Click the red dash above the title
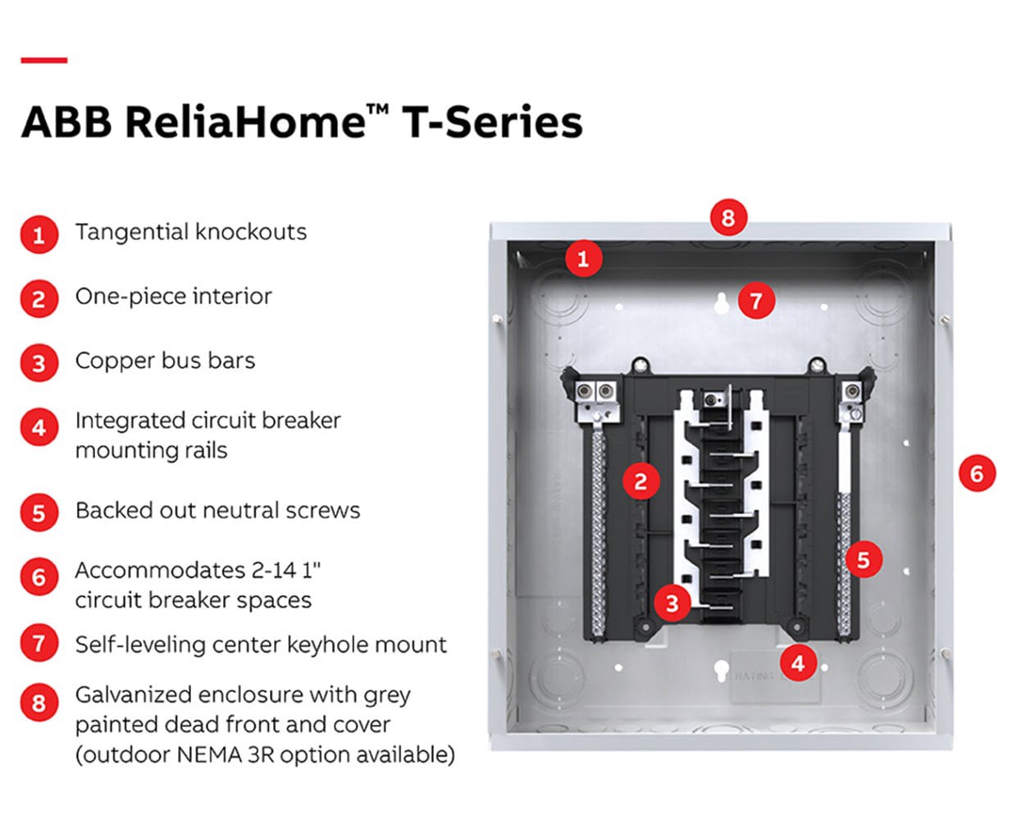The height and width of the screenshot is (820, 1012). click(x=43, y=60)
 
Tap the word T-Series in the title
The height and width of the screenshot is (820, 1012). click(x=492, y=122)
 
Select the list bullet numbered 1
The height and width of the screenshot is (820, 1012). click(x=39, y=235)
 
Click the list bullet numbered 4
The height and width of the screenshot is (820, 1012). click(x=39, y=428)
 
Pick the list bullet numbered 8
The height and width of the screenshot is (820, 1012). click(x=39, y=703)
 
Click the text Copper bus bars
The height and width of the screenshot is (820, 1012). click(x=165, y=361)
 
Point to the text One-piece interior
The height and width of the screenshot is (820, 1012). click(x=173, y=296)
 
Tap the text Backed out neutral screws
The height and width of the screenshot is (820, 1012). click(x=217, y=510)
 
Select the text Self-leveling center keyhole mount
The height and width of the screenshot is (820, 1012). click(x=261, y=645)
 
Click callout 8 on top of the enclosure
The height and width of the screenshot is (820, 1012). click(x=728, y=218)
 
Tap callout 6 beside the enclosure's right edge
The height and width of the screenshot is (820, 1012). click(x=976, y=473)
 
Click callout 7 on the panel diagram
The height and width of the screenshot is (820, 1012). click(x=756, y=301)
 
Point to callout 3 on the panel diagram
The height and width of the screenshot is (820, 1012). click(x=672, y=604)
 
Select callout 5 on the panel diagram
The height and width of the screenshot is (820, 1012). click(x=863, y=560)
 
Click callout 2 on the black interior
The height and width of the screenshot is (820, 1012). click(x=640, y=481)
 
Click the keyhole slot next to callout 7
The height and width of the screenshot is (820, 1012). click(x=722, y=303)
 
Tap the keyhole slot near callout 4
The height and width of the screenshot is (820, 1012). click(x=720, y=671)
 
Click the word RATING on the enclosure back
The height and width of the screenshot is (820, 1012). click(x=753, y=676)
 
